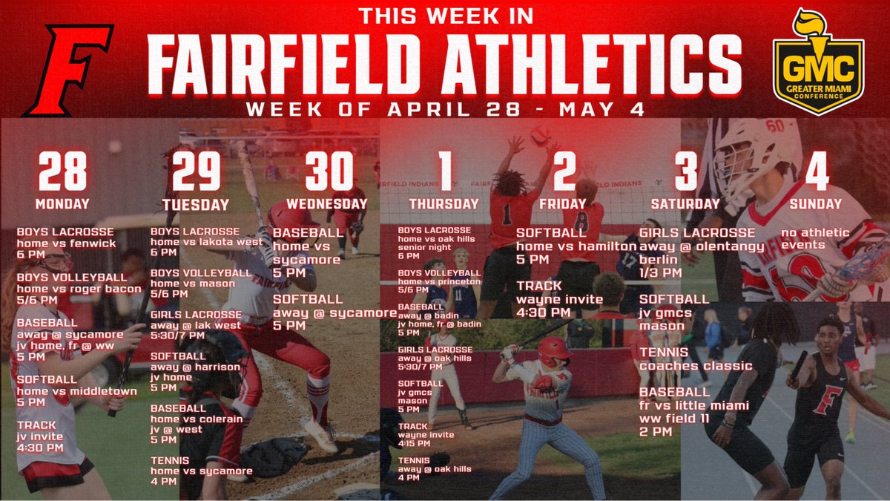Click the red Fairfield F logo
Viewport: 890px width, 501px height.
click(67, 70)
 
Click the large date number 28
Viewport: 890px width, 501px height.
click(62, 171)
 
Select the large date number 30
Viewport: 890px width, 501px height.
click(329, 171)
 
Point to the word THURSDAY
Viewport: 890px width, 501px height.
click(444, 203)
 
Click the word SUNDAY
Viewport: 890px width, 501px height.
click(816, 203)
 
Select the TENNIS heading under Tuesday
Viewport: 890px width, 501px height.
click(171, 460)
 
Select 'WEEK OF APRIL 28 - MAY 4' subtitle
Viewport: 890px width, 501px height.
click(445, 109)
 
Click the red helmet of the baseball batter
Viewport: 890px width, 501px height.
click(552, 350)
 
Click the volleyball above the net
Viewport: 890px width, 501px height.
click(540, 134)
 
